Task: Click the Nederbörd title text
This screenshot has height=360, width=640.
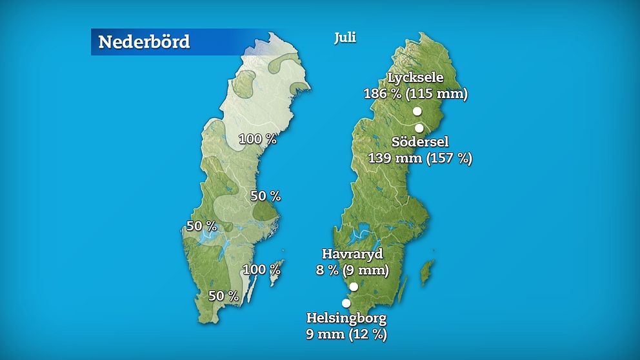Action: (144, 42)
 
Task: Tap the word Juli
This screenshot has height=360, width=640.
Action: (345, 37)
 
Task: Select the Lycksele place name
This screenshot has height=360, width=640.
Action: (415, 78)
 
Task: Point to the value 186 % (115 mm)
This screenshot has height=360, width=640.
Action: (415, 94)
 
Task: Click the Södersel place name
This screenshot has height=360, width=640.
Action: (420, 142)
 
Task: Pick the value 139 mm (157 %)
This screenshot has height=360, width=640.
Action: (420, 157)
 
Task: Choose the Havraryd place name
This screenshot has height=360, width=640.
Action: (352, 254)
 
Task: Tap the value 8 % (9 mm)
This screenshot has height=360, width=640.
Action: (352, 270)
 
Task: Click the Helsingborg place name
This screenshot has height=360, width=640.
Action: (346, 317)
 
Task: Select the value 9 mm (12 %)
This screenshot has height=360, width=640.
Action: (346, 334)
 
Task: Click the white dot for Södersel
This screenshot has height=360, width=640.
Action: (419, 128)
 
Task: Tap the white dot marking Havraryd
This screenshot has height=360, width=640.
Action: (354, 287)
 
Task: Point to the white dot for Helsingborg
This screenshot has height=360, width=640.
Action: (346, 303)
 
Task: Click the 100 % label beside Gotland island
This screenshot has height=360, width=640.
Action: (261, 268)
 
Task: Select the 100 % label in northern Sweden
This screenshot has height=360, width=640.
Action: (257, 139)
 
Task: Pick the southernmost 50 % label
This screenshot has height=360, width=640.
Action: (224, 296)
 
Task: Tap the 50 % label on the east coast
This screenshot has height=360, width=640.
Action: (266, 196)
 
